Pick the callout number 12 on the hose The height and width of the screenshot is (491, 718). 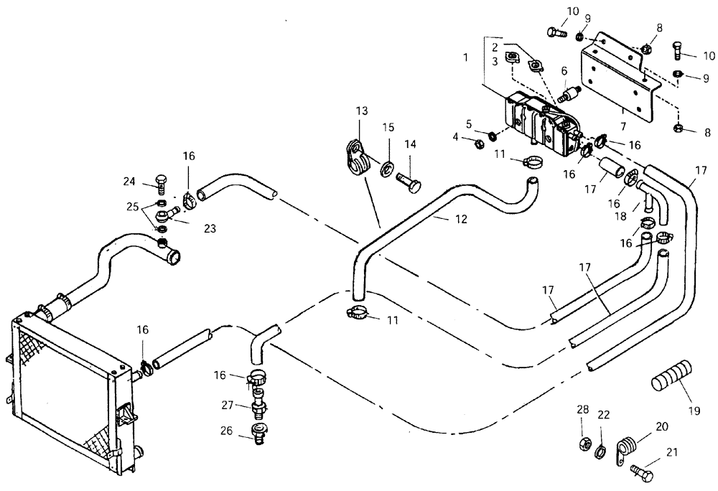click(x=460, y=220)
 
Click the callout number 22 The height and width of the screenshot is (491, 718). click(x=604, y=415)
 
